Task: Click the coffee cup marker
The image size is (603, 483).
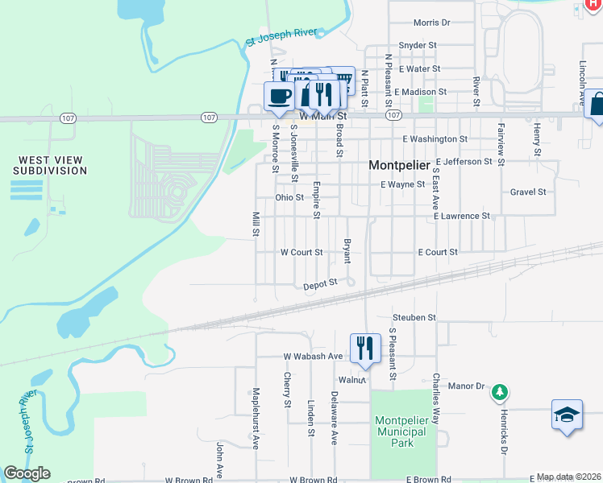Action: [279, 97]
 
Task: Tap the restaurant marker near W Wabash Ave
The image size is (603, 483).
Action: [365, 347]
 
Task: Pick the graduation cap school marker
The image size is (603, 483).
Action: [567, 415]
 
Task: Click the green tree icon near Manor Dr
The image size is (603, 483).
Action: [500, 391]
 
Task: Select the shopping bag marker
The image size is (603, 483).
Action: [597, 104]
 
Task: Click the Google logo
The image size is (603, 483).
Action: [27, 473]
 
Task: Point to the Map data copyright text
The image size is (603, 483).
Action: [569, 477]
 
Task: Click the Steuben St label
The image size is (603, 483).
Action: [414, 318]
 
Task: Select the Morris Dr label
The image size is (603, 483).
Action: [431, 23]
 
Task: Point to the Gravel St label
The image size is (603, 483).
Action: [528, 192]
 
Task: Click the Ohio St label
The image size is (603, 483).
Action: [289, 197]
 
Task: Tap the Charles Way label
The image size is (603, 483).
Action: [436, 398]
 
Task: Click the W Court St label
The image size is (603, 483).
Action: [301, 252]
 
